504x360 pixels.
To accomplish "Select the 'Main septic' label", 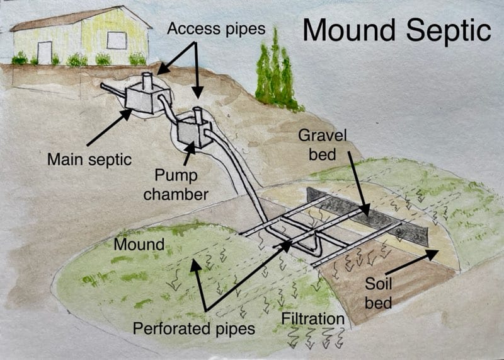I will pyautogui.click(x=89, y=159).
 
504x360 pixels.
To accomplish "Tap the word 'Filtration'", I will pyautogui.click(x=313, y=318).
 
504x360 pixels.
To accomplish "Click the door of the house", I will pyautogui.click(x=45, y=52).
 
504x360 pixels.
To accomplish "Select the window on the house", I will pyautogui.click(x=117, y=40).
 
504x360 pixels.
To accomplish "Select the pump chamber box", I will pyautogui.click(x=192, y=133).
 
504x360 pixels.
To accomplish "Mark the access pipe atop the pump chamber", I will pyautogui.click(x=197, y=115).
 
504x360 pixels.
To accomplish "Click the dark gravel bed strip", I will pyautogui.click(x=372, y=214).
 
